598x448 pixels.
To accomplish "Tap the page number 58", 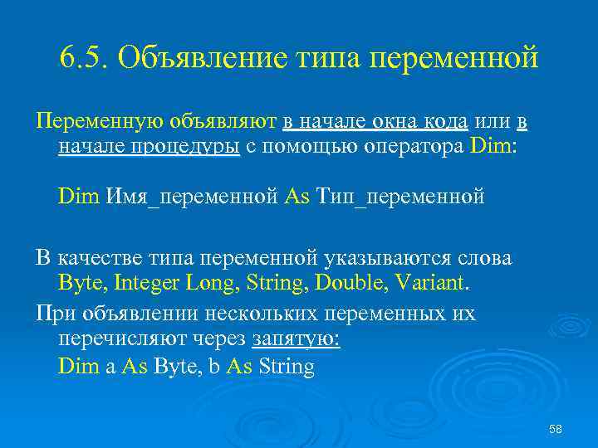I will (556, 429).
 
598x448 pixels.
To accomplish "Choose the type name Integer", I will (147, 283).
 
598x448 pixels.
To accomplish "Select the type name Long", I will (211, 283).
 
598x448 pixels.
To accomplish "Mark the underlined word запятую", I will (295, 339).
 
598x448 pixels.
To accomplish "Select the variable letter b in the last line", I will (214, 366).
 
